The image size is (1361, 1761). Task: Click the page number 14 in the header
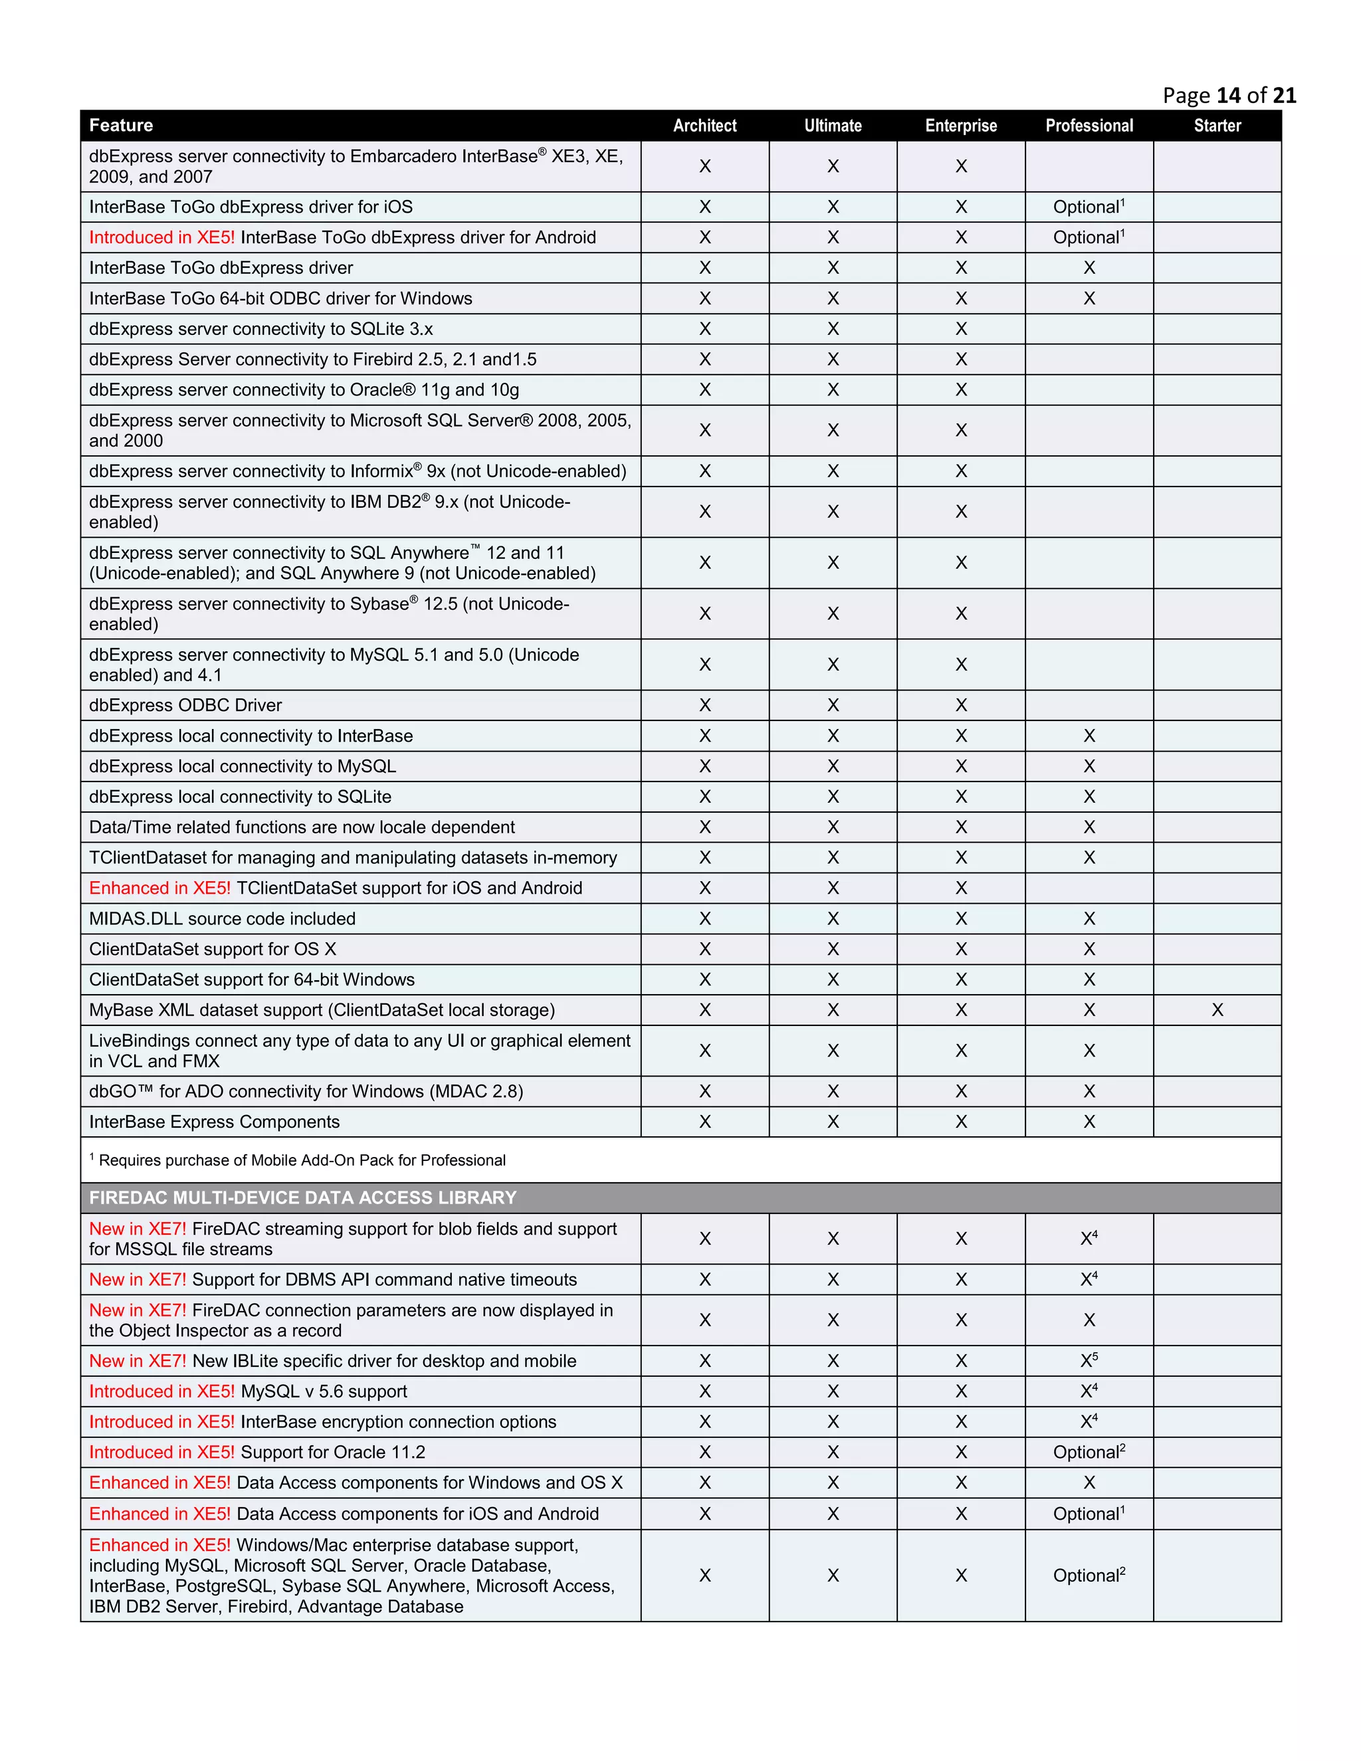1228,96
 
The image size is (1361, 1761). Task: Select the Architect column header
704,126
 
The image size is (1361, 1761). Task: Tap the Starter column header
1217,126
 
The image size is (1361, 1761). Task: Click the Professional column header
1089,126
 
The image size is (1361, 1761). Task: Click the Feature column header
121,126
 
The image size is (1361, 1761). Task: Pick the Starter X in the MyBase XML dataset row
1217,1010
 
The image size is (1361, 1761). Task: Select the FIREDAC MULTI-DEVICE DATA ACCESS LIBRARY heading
302,1198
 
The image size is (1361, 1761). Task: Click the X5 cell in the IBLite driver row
1089,1361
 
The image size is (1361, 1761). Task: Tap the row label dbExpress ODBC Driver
185,706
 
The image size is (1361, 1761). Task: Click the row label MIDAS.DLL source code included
222,919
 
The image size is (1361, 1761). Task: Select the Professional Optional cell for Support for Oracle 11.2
1088,1453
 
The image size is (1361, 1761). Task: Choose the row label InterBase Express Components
215,1122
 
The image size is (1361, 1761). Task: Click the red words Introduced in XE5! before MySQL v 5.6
161,1392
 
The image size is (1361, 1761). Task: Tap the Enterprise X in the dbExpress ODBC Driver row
961,706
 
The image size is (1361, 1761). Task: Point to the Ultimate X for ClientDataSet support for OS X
833,950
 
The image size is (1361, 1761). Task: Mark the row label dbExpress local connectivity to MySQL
242,767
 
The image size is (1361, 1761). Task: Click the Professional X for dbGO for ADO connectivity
1089,1092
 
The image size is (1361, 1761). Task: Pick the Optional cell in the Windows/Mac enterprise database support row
1088,1576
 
